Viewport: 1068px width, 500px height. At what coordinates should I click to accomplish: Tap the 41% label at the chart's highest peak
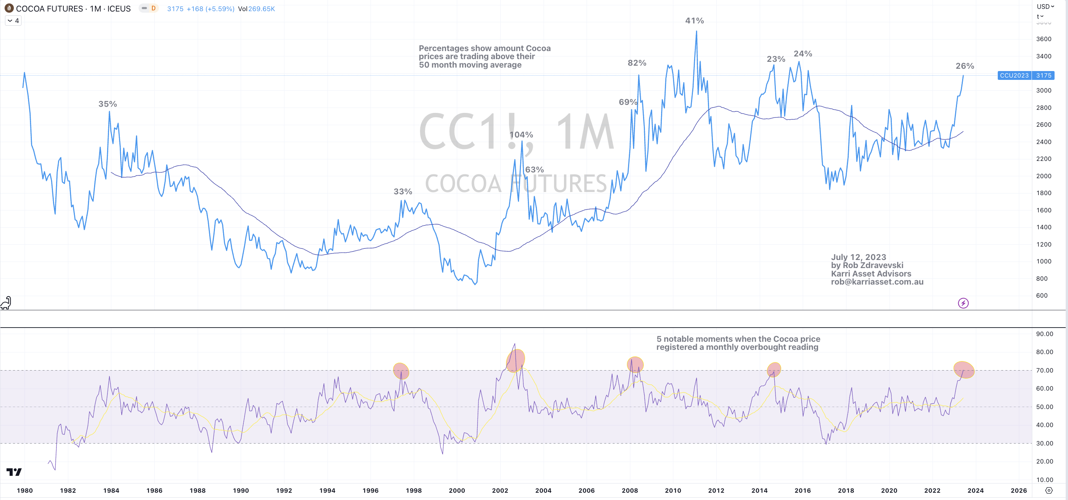[x=694, y=21]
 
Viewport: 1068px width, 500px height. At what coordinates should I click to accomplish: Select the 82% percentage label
[x=637, y=63]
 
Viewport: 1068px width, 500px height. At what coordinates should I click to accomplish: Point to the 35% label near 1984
[x=107, y=104]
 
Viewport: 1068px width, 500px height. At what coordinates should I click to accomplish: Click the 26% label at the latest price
[x=964, y=66]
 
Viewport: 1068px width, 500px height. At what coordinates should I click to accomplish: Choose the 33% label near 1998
[x=403, y=192]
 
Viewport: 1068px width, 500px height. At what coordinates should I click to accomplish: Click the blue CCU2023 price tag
[x=1014, y=75]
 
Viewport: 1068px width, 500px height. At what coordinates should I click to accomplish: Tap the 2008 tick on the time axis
[x=629, y=490]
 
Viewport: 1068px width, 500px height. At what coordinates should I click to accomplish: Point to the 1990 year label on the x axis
[x=240, y=490]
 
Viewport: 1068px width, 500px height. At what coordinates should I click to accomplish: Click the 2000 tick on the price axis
[x=1043, y=176]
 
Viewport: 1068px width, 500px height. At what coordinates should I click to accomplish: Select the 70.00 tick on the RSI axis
[x=1044, y=371]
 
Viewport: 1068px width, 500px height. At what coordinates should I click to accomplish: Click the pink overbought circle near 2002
[x=515, y=360]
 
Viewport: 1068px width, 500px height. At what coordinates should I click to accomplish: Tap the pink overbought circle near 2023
[x=964, y=370]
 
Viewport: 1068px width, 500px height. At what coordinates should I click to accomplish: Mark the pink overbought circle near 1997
[x=401, y=371]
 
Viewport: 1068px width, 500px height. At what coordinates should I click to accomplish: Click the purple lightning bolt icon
[x=963, y=303]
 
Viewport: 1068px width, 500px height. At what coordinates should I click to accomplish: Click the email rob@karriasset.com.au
[x=876, y=282]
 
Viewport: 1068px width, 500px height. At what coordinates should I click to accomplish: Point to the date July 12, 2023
[x=858, y=257]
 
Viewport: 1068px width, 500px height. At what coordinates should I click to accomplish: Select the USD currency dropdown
[x=1045, y=7]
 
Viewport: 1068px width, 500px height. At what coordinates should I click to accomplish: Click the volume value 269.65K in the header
[x=261, y=9]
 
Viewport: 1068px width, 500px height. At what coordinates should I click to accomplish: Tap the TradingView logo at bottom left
[x=14, y=472]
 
